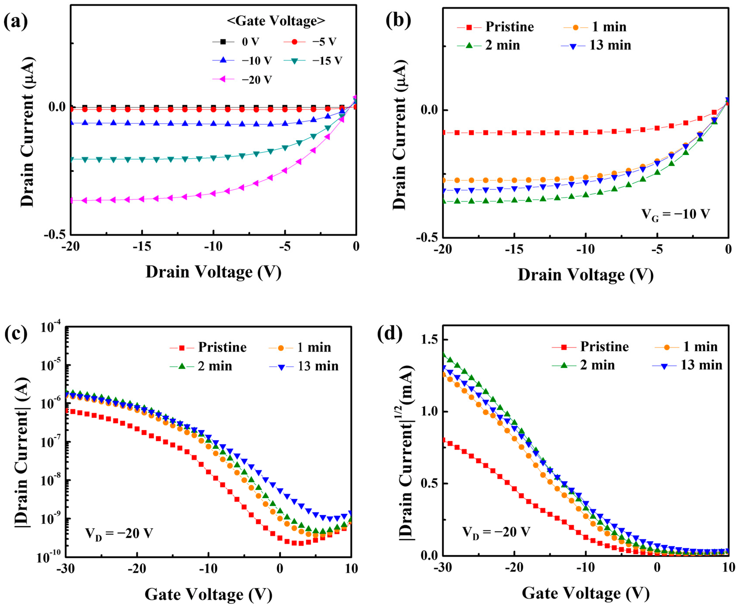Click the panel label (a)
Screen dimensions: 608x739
16,22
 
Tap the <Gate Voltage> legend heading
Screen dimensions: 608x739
276,21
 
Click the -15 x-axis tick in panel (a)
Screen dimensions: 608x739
142,247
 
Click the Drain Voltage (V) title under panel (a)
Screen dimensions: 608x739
213,272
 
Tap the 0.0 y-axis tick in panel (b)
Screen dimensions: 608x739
429,110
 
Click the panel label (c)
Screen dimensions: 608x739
16,334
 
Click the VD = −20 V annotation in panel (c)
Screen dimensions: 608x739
119,534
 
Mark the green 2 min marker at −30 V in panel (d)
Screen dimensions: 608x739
444,354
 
